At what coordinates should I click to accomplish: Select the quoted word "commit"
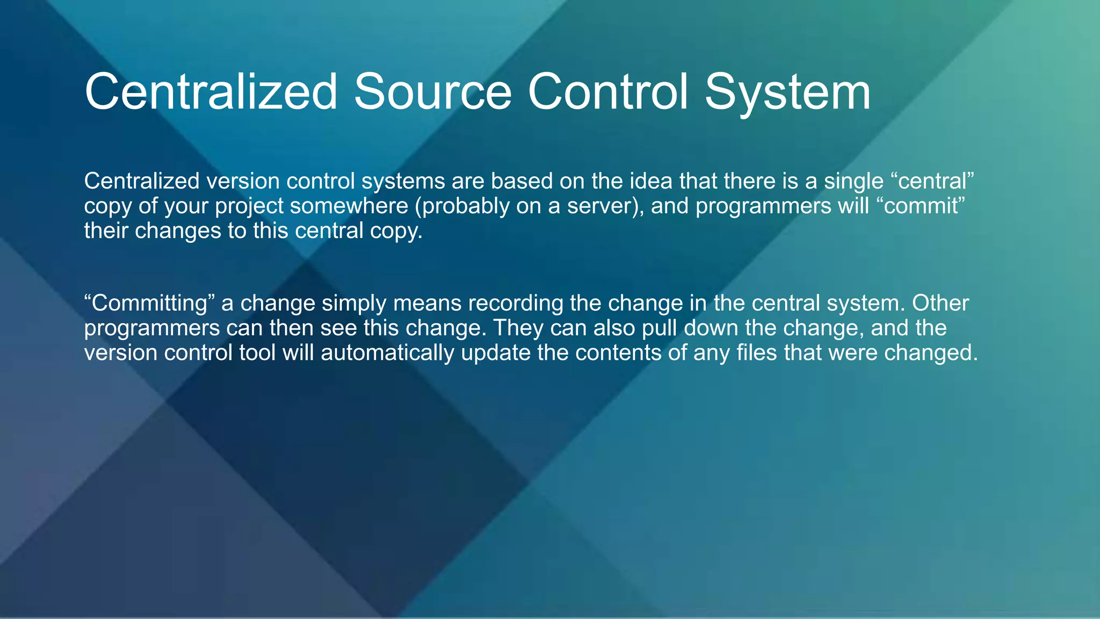click(x=921, y=206)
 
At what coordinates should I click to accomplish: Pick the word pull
click(x=659, y=328)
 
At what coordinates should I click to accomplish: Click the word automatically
click(x=387, y=353)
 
